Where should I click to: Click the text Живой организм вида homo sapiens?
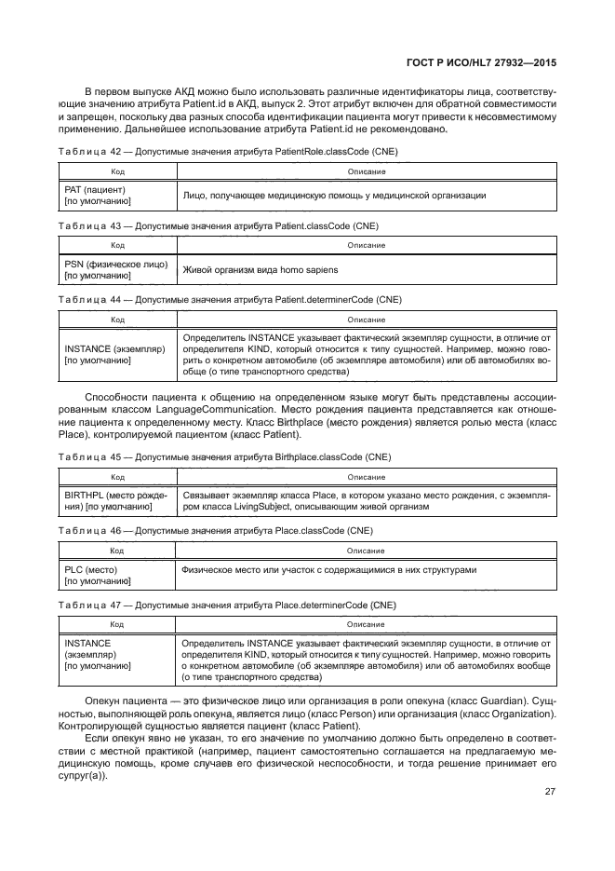(x=261, y=269)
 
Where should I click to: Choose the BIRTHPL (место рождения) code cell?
(x=115, y=501)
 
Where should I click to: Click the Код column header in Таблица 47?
(x=118, y=624)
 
